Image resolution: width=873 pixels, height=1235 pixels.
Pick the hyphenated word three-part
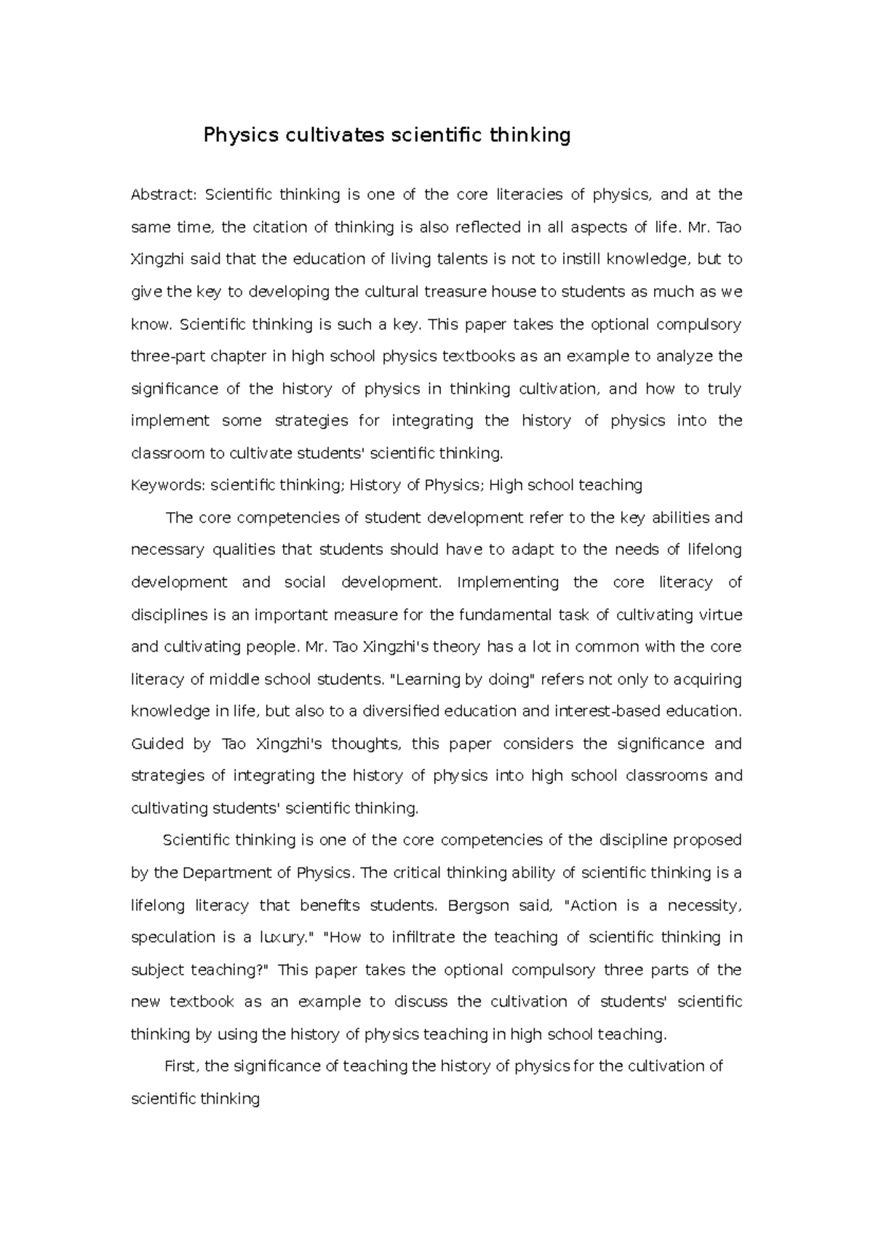(x=168, y=356)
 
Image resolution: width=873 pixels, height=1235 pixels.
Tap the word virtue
(x=719, y=615)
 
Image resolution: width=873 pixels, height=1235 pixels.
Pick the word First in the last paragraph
(x=181, y=1066)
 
